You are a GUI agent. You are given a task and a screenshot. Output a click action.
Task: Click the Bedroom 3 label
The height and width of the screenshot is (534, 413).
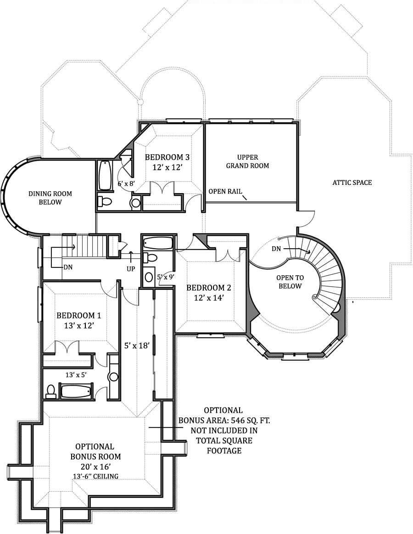tap(167, 157)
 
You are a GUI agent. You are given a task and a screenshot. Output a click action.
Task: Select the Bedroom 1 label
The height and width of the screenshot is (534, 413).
tap(78, 316)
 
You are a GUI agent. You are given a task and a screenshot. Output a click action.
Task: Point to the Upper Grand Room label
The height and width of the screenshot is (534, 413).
tap(247, 161)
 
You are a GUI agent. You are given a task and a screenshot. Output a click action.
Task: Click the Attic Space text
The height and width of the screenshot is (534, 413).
tap(352, 183)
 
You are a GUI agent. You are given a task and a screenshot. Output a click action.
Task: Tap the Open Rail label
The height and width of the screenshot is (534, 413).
tap(225, 192)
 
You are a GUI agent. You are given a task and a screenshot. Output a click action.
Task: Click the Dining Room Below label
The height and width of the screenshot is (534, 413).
tap(50, 198)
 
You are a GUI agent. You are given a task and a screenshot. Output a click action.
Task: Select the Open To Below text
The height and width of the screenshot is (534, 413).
tap(289, 282)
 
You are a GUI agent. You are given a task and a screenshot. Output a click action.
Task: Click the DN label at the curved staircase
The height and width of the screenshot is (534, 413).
tap(276, 249)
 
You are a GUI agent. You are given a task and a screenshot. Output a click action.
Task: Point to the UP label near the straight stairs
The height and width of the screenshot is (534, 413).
tap(131, 268)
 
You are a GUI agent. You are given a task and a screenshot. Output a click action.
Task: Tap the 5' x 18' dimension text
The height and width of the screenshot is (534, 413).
tap(137, 345)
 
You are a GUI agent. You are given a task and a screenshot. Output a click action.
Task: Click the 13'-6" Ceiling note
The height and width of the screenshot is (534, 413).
tap(95, 476)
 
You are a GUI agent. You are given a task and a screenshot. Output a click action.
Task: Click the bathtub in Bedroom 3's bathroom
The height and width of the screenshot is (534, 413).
tap(105, 175)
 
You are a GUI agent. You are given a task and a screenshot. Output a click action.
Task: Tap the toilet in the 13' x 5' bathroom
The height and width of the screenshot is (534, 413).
tap(51, 391)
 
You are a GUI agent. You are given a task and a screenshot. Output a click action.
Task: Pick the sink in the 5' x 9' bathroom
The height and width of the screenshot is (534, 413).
tap(149, 277)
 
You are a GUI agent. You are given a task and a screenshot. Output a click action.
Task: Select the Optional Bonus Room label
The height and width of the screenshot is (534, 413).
tap(95, 451)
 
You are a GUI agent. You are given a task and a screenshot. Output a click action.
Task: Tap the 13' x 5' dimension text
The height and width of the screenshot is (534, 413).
tap(76, 375)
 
